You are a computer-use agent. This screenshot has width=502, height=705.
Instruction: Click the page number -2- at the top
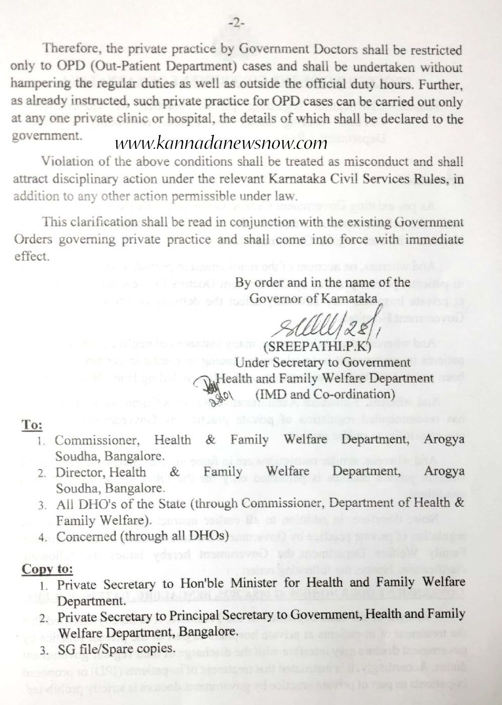pyautogui.click(x=236, y=23)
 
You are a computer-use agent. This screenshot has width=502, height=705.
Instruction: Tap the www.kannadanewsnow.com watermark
pyautogui.click(x=221, y=143)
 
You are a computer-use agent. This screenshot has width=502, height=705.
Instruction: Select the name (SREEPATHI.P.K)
pyautogui.click(x=321, y=347)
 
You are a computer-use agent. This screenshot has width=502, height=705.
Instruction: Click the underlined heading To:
pyautogui.click(x=32, y=425)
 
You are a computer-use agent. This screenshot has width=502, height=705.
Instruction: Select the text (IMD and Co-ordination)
pyautogui.click(x=324, y=394)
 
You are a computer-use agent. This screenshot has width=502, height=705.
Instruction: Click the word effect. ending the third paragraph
pyautogui.click(x=31, y=256)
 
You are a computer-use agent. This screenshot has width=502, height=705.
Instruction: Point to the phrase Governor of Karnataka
pyautogui.click(x=313, y=298)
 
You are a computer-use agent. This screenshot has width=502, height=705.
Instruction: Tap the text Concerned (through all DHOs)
pyautogui.click(x=142, y=536)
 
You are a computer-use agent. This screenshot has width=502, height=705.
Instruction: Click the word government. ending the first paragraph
pyautogui.click(x=45, y=136)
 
